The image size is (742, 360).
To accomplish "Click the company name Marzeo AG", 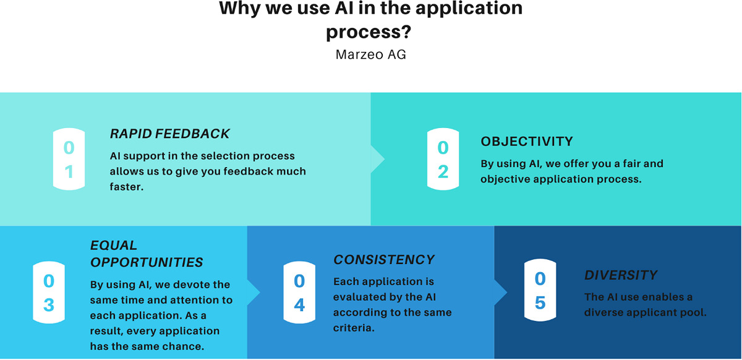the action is click(370, 54).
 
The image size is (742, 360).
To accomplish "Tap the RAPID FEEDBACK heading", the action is click(169, 134).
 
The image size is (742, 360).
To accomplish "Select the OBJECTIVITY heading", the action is click(527, 142).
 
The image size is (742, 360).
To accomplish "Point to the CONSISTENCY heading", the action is click(384, 260).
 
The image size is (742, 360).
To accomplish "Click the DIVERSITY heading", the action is click(621, 275).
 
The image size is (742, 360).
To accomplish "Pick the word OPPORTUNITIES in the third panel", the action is click(147, 262).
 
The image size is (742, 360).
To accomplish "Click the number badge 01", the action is click(69, 159).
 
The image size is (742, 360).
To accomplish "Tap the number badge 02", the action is click(443, 159).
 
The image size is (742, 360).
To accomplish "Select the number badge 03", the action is click(49, 293).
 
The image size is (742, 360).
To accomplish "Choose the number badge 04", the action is click(299, 293).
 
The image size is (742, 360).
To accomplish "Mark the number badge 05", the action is click(540, 290).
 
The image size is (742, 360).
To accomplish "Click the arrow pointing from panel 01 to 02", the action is click(378, 159).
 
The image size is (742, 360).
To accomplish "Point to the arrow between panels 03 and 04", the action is click(254, 293).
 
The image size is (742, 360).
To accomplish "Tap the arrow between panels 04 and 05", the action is click(501, 293).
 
